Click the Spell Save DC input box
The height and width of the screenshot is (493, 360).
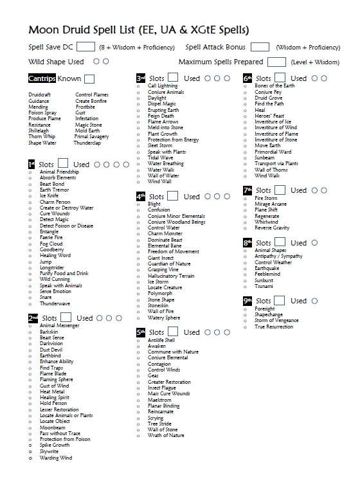click(85, 47)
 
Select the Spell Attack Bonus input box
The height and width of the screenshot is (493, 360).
click(260, 47)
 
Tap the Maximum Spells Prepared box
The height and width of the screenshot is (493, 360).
click(276, 62)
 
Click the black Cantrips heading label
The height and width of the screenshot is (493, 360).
click(42, 78)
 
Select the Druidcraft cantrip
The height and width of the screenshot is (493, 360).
click(40, 94)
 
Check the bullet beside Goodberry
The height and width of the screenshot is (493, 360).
click(30, 249)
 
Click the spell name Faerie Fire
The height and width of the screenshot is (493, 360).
click(52, 238)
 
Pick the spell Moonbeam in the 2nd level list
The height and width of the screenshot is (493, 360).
click(52, 427)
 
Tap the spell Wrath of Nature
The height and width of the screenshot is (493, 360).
click(166, 435)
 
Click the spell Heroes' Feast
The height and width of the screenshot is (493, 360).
click(271, 116)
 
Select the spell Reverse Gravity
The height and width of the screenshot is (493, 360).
click(272, 228)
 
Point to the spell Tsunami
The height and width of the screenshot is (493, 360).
click(264, 286)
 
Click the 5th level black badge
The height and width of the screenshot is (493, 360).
click(141, 332)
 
